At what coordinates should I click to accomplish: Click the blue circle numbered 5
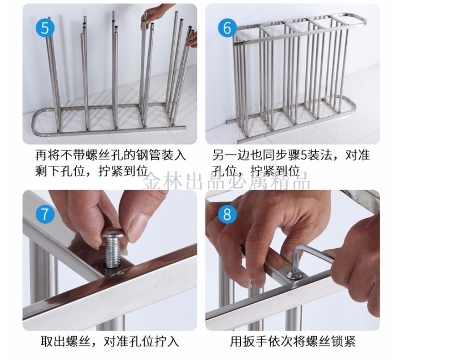45,28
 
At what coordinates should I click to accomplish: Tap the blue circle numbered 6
228,28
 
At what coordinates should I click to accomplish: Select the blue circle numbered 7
45,214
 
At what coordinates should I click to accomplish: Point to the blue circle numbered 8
228,214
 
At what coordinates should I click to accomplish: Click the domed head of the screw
113,233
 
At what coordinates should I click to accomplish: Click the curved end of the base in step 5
37,122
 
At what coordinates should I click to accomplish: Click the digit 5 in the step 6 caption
304,156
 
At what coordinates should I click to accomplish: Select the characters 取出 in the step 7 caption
53,341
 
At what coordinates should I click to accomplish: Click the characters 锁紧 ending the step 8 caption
343,341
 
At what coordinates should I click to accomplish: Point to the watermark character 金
152,181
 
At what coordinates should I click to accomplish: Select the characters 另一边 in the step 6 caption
231,156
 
